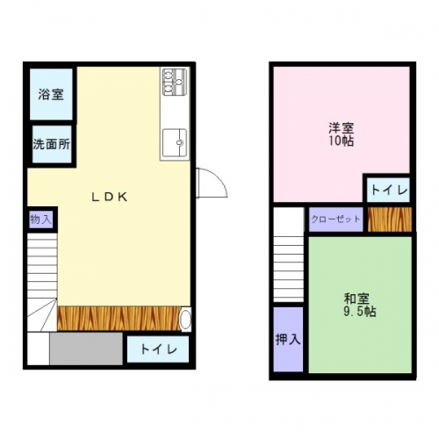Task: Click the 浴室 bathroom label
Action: (x=51, y=94)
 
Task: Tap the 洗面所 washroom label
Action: (x=52, y=144)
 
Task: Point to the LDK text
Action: (x=110, y=198)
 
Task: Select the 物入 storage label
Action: (x=41, y=219)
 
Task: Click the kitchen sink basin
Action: (x=175, y=142)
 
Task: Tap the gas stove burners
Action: (x=175, y=82)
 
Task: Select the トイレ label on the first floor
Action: (x=159, y=349)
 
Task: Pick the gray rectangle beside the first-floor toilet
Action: (x=86, y=349)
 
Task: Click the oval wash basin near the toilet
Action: (x=185, y=320)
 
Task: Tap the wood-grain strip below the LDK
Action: (x=119, y=319)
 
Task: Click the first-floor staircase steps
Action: (x=42, y=283)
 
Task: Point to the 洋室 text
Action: (x=342, y=128)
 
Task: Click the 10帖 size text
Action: (x=341, y=141)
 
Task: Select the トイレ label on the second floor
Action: (x=389, y=191)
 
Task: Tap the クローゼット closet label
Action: (x=335, y=219)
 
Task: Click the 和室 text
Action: (x=356, y=299)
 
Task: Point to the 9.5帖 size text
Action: (x=360, y=312)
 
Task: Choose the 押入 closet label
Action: (x=288, y=339)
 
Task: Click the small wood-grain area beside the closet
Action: (x=390, y=219)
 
